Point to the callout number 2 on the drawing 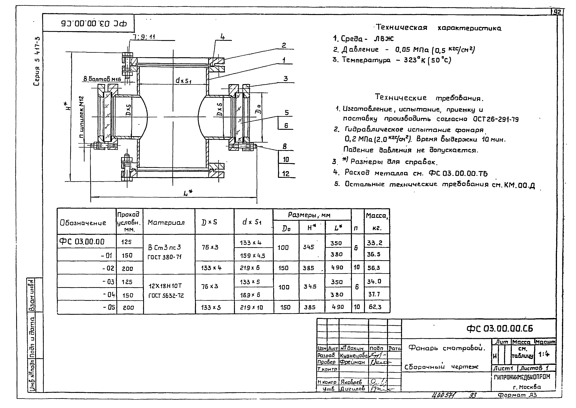click(284, 45)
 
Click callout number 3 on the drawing click(285, 79)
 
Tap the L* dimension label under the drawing click(188, 193)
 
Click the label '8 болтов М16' click(102, 79)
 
